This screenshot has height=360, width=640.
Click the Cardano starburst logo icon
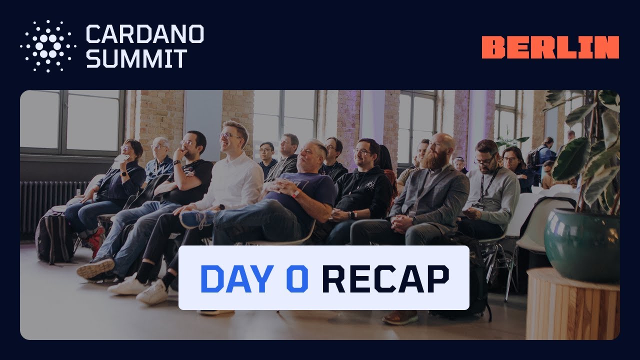pos(48,46)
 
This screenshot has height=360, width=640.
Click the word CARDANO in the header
pos(144,34)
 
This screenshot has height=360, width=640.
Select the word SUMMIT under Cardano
pos(136,58)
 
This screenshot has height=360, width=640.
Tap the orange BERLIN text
pos(550,47)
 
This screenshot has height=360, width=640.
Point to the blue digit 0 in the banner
pos(297,278)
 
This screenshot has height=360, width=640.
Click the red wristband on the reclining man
pos(296,192)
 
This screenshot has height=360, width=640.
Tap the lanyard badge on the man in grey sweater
pos(477,205)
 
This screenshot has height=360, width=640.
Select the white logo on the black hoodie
pos(369,185)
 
